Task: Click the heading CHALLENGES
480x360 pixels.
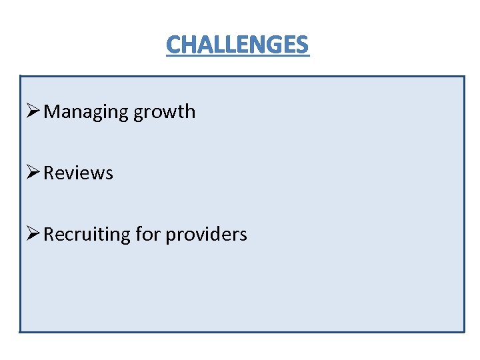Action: pyautogui.click(x=237, y=45)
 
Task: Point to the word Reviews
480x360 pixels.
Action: pyautogui.click(x=78, y=173)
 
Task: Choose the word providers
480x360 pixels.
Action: pyautogui.click(x=206, y=235)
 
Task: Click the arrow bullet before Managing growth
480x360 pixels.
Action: pyautogui.click(x=33, y=111)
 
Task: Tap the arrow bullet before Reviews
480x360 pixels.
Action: pyautogui.click(x=33, y=173)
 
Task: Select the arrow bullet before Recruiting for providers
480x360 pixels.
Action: pyautogui.click(x=33, y=234)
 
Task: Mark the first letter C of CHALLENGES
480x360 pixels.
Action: pyautogui.click(x=173, y=45)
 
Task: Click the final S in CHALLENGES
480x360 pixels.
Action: pyautogui.click(x=303, y=45)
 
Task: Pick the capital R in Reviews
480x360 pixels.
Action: pyautogui.click(x=49, y=173)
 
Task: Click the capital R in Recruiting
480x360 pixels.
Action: pyautogui.click(x=49, y=235)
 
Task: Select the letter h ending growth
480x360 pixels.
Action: pyautogui.click(x=190, y=111)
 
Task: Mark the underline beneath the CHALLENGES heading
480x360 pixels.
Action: pyautogui.click(x=237, y=56)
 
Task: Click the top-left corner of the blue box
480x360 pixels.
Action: pyautogui.click(x=21, y=76)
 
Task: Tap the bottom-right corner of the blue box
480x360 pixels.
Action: pyautogui.click(x=463, y=331)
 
